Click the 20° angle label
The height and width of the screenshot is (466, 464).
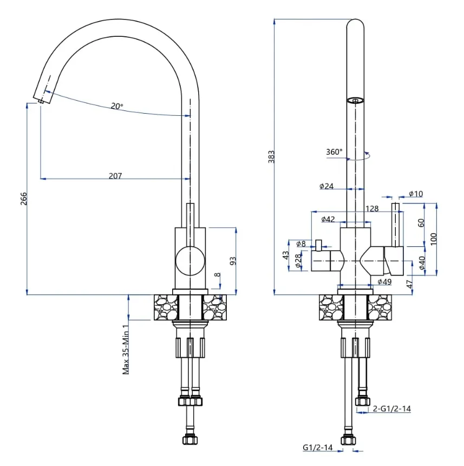tap(117, 107)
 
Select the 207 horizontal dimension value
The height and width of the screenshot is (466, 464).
tap(115, 175)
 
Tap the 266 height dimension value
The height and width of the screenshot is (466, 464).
tap(23, 199)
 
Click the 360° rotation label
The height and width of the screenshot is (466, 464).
tap(334, 152)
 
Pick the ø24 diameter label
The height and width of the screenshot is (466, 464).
tap(326, 186)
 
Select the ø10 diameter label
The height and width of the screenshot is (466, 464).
tap(416, 193)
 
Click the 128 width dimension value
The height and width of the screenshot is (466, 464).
tap(371, 208)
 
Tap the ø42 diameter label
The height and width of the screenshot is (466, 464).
tap(328, 219)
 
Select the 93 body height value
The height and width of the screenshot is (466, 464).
tap(233, 261)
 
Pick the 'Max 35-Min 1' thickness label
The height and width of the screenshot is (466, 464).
tap(126, 349)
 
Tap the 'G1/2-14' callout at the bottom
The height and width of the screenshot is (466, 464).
tap(316, 448)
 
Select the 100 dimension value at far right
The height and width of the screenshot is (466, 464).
tap(433, 239)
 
